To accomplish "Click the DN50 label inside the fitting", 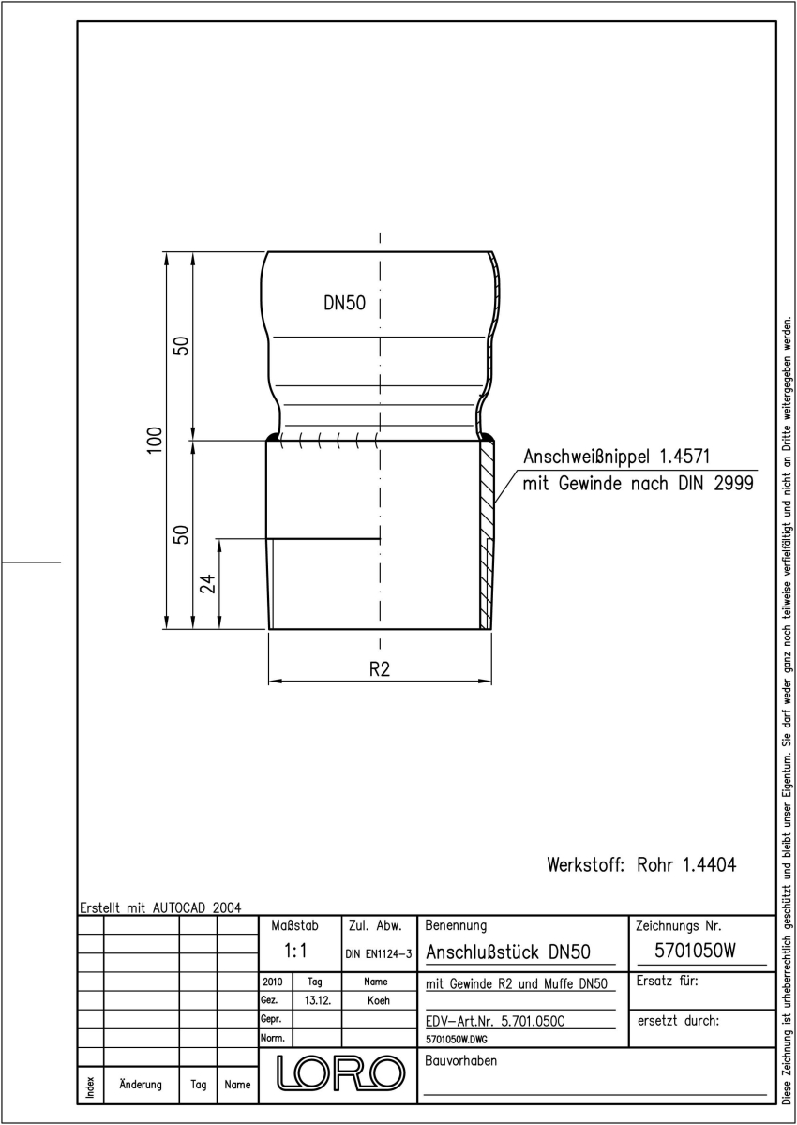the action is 344,303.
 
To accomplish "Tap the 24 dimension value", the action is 207,583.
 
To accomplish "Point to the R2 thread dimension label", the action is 379,669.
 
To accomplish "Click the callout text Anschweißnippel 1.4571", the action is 617,457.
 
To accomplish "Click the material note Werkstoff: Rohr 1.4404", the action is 641,864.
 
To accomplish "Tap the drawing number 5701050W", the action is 695,951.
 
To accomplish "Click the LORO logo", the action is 340,1073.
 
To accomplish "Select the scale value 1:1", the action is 295,951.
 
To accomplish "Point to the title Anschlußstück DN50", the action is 507,952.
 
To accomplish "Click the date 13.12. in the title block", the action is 318,1000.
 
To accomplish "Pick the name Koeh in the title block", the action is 378,1000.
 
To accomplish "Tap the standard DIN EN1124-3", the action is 378,953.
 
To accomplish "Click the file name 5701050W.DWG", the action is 456,1040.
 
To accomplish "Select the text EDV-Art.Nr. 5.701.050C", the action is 495,1021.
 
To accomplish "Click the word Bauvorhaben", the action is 460,1060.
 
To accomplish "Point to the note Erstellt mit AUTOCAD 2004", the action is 160,907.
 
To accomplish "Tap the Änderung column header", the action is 141,1084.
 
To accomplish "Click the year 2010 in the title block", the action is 272,982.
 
